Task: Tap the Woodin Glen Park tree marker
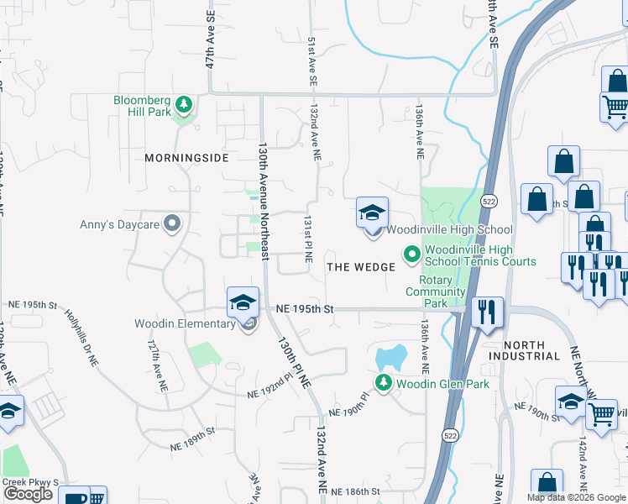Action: [384, 384]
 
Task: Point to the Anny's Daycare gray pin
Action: [173, 223]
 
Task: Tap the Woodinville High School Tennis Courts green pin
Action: [412, 253]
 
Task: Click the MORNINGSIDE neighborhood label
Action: [186, 158]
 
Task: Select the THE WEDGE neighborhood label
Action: [361, 267]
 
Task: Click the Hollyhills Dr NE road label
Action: [81, 337]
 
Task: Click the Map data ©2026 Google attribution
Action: [576, 497]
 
